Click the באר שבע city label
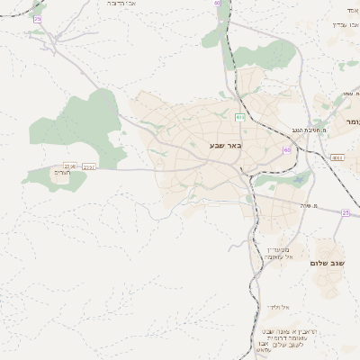pos(223,146)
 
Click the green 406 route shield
pos(239,117)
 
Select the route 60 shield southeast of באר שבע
pos(286,149)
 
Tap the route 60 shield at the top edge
pos(217,3)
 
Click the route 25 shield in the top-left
pos(37,18)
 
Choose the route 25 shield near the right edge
pos(345,212)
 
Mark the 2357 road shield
pos(88,166)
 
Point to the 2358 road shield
pos(69,165)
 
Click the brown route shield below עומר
pos(337,157)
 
